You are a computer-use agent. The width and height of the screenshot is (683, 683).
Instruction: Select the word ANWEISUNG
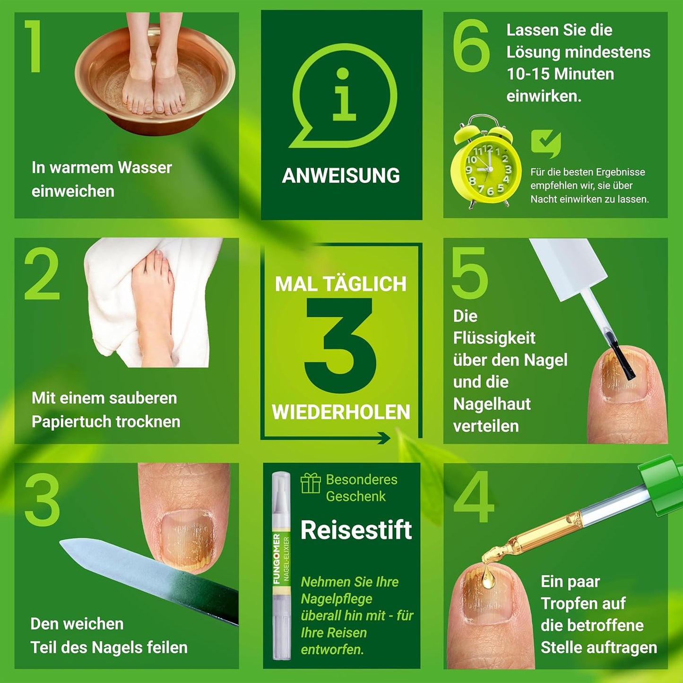click(341, 176)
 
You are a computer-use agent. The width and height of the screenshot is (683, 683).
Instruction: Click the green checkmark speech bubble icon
click(545, 143)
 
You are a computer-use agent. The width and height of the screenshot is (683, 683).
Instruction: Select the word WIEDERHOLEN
click(341, 412)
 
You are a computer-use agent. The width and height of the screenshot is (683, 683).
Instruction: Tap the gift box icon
click(311, 483)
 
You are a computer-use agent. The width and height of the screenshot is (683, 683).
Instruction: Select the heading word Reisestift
click(356, 530)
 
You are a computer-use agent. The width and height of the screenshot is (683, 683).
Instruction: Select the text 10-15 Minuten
click(560, 74)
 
